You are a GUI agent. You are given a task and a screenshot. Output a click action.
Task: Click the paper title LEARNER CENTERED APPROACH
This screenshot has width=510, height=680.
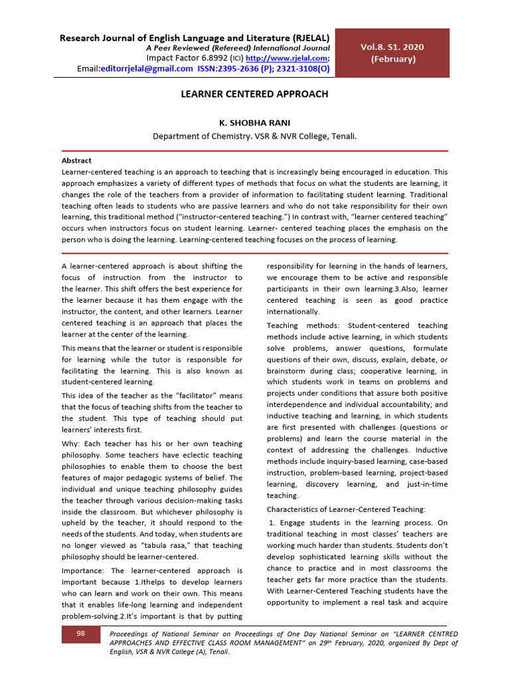coord(255,94)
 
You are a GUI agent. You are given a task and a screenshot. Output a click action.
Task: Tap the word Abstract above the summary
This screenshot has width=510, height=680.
coord(76,161)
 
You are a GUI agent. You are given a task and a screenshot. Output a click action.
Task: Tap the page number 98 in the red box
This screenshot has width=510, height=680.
coord(80,634)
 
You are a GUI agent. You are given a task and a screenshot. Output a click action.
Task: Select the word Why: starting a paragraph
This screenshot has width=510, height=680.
coord(71,444)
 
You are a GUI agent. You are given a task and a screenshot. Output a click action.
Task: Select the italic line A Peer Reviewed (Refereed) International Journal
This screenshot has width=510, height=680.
coord(238,48)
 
